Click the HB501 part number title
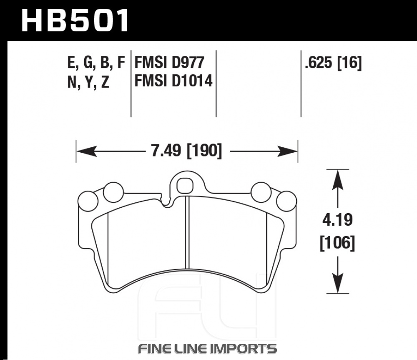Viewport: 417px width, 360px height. (75, 20)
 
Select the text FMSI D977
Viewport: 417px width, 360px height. (169, 63)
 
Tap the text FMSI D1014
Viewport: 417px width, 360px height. (173, 81)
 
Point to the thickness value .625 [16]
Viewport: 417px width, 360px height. (333, 63)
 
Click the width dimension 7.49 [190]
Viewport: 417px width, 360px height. (186, 151)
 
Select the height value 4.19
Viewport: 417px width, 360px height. (337, 220)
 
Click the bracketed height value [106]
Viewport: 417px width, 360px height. (337, 243)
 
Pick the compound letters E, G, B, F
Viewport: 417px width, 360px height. (96, 63)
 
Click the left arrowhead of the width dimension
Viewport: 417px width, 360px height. (86, 151)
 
